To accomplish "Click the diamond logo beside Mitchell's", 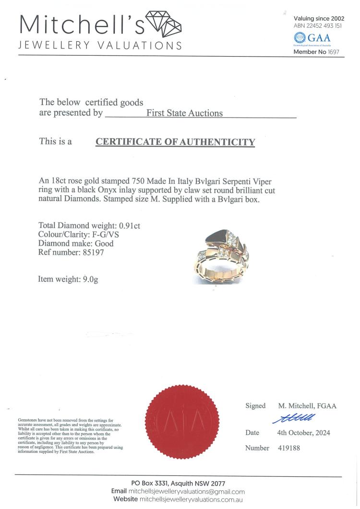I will [163, 24].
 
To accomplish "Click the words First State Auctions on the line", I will [184, 113].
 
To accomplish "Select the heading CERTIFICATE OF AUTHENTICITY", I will [175, 142].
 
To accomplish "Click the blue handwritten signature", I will [294, 418].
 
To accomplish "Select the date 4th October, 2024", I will [304, 433].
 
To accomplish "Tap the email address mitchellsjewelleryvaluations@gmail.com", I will [187, 491].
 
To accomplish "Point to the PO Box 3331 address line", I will [178, 483].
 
